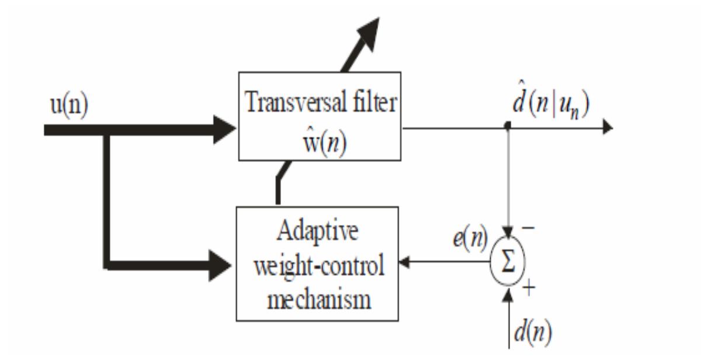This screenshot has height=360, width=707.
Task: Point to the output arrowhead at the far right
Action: click(608, 126)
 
